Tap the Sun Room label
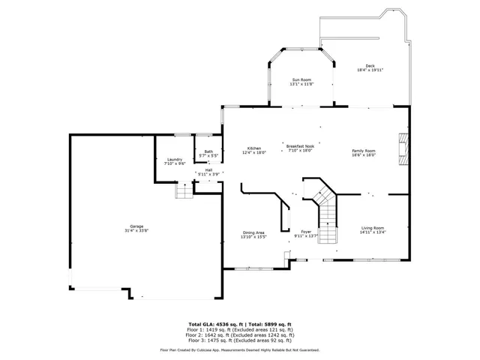tap(301, 80)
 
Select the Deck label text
tap(370, 66)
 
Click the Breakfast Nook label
tap(299, 147)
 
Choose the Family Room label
tap(364, 151)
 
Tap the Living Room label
tap(372, 228)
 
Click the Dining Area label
tap(253, 232)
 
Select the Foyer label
tap(306, 232)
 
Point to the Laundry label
tap(175, 159)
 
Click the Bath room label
tap(208, 152)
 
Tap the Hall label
tap(208, 170)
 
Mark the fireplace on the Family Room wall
tap(403, 147)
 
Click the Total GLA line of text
tap(239, 324)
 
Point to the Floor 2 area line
tap(239, 334)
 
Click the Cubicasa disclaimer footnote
tap(239, 349)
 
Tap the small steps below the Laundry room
tap(184, 192)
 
